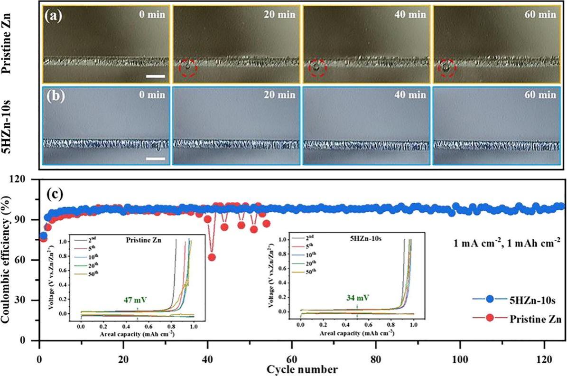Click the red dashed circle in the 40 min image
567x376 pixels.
(x=317, y=68)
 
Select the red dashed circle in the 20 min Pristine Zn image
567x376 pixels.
(x=188, y=68)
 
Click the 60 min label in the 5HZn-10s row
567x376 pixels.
(x=542, y=94)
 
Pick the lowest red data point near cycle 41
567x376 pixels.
(x=212, y=257)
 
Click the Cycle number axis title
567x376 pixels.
(x=302, y=368)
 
